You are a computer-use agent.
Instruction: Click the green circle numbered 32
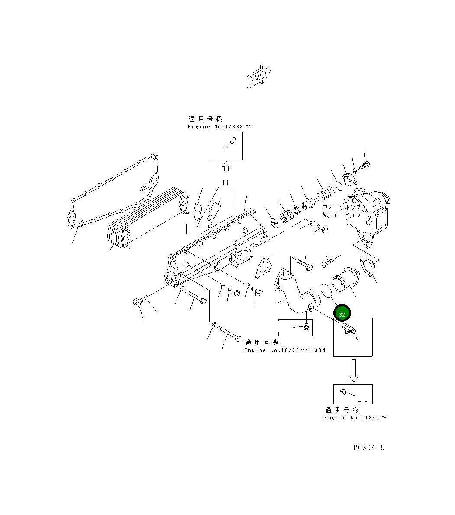click(x=342, y=314)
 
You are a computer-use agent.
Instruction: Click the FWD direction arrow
click(x=258, y=77)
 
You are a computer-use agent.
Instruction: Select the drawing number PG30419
click(x=368, y=447)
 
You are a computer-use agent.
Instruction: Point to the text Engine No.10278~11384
click(x=284, y=350)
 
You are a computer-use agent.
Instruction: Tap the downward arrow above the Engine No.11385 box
click(x=354, y=370)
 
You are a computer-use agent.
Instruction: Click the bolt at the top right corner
click(x=364, y=165)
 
